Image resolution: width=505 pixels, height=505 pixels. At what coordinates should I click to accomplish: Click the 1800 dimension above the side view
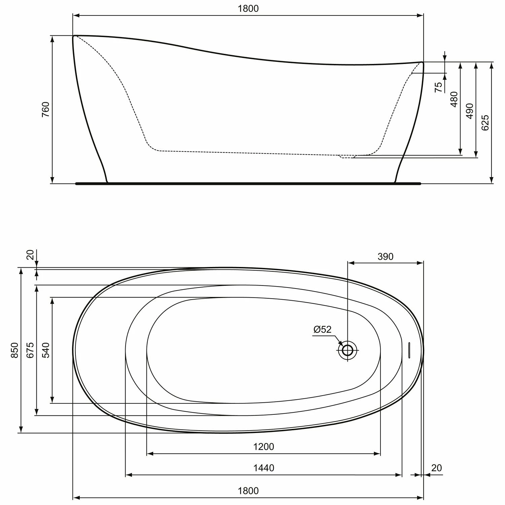[x=248, y=8]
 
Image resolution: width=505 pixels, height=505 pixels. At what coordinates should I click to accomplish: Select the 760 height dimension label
[x=45, y=109]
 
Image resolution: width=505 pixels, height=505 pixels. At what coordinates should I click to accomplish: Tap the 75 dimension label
[x=438, y=87]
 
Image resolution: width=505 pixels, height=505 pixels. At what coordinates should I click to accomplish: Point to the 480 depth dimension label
[x=454, y=99]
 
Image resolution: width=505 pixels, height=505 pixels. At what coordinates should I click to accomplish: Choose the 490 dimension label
[x=470, y=111]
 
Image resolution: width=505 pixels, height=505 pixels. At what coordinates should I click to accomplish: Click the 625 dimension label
[x=485, y=123]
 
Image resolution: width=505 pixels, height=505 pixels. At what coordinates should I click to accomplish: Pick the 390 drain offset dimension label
[x=385, y=257]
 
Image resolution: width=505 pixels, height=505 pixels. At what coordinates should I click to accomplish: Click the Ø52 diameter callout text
[x=323, y=329]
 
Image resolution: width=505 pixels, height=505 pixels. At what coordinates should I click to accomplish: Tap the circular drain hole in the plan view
[x=347, y=350]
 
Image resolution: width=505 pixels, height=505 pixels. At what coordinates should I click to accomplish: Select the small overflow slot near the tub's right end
[x=409, y=350]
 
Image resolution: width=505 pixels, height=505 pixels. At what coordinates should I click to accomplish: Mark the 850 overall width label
[x=14, y=350]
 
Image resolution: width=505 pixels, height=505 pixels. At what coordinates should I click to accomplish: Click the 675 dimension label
[x=30, y=350]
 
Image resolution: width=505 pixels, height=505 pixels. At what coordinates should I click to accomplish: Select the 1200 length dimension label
[x=264, y=447]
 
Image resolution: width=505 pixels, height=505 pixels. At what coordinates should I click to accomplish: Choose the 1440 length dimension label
[x=264, y=468]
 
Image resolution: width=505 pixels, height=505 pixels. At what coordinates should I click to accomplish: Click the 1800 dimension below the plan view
[x=248, y=491]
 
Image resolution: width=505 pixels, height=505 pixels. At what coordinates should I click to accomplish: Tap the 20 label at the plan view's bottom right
[x=436, y=468]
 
